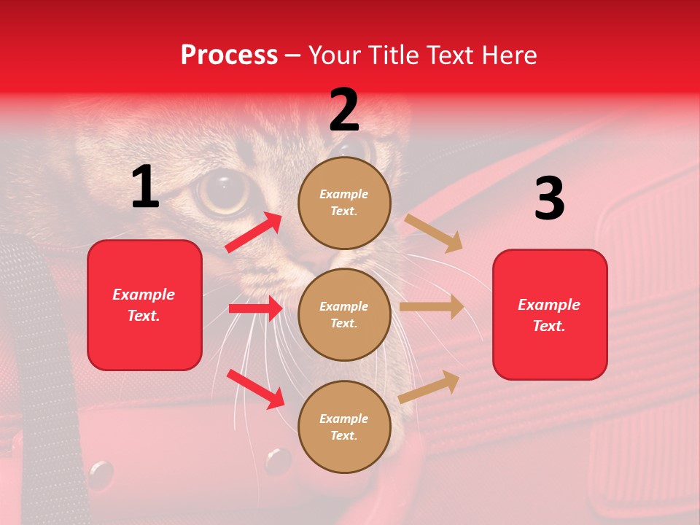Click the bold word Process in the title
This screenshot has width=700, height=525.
click(229, 55)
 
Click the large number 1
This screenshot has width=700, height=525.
click(145, 187)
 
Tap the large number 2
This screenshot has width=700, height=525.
click(344, 110)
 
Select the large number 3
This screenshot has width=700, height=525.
click(549, 199)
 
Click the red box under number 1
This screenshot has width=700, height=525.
click(144, 305)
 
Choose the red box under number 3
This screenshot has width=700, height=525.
click(550, 314)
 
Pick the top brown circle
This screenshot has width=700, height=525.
click(344, 203)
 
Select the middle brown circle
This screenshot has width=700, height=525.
click(344, 314)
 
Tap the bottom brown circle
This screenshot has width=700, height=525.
click(344, 427)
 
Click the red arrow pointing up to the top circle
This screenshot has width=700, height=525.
click(254, 232)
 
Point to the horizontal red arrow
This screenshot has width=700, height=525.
click(255, 308)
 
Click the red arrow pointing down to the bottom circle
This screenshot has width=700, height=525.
click(255, 389)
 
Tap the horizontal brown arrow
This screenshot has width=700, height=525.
click(432, 307)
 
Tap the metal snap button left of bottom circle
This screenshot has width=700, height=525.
click(278, 460)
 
